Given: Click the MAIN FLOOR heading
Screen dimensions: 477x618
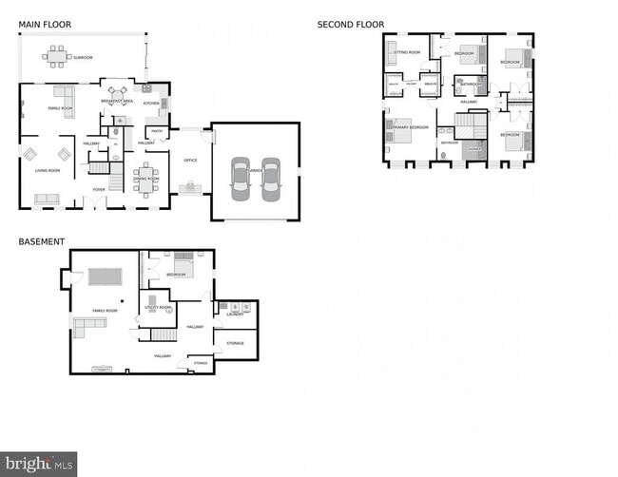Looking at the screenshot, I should [x=45, y=24].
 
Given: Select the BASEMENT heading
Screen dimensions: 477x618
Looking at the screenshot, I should [x=42, y=241].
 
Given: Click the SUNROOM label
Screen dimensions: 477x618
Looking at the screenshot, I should [x=83, y=58].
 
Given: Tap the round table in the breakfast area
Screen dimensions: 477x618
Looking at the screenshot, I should [x=117, y=92].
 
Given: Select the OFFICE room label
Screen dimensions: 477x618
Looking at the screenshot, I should [x=190, y=161].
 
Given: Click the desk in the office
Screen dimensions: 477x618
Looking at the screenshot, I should [x=190, y=187].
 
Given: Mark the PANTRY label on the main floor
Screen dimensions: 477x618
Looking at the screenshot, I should [x=157, y=131].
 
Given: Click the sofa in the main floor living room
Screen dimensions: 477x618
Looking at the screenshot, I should [x=46, y=199].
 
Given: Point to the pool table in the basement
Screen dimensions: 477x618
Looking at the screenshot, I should [x=105, y=277].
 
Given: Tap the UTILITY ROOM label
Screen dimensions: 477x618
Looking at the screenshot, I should [x=158, y=308].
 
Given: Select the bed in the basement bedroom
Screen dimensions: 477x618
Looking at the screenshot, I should [x=183, y=266].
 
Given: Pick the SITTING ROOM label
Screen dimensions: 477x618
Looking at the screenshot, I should [x=408, y=52].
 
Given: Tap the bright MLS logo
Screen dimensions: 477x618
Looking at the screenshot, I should [x=38, y=465].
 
